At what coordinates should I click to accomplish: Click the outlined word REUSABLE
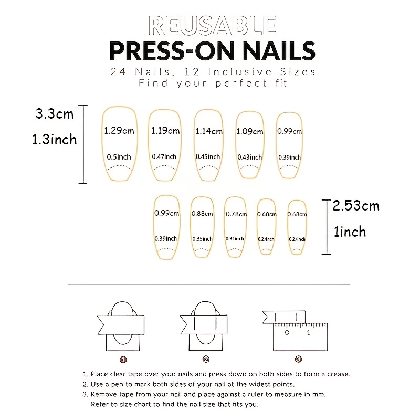tap(213, 26)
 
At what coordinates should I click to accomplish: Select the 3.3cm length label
tap(55, 114)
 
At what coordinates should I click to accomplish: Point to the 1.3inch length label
tap(55, 139)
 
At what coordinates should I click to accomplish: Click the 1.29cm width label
tap(119, 131)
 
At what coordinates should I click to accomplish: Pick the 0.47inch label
tap(164, 156)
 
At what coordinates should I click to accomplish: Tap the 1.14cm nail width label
tap(209, 131)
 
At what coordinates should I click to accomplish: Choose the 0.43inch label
tap(250, 157)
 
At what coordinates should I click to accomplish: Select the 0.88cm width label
tap(202, 214)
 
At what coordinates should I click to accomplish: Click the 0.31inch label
tap(235, 239)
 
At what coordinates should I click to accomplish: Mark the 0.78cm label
tap(236, 214)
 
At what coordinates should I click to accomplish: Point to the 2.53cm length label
tap(356, 206)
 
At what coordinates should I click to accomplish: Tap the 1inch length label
tap(350, 232)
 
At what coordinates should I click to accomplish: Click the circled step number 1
tap(123, 360)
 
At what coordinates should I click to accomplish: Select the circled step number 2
tap(206, 359)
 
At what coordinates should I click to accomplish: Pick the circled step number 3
tap(298, 359)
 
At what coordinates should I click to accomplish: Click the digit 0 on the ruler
tap(287, 333)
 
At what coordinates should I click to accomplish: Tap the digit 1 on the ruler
tap(309, 333)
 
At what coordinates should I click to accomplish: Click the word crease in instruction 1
tap(338, 374)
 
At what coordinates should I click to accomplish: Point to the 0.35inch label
tap(202, 239)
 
